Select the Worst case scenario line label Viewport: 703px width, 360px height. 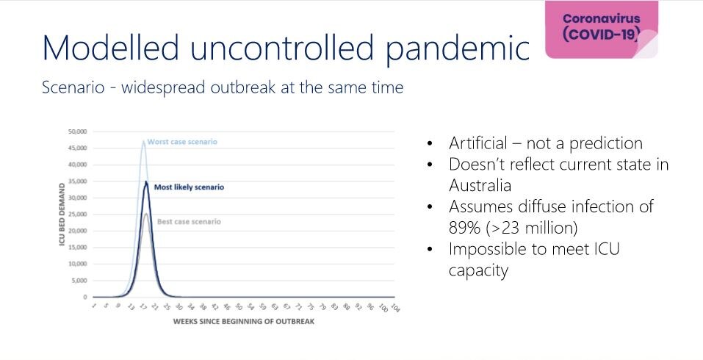[182, 141]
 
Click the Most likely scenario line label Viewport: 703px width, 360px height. [189, 187]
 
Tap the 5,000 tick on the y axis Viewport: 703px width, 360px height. [80, 281]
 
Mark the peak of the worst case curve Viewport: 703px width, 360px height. [143, 140]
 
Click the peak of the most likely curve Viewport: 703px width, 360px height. [146, 181]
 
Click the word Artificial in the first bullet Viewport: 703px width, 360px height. [481, 143]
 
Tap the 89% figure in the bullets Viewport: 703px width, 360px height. [464, 228]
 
